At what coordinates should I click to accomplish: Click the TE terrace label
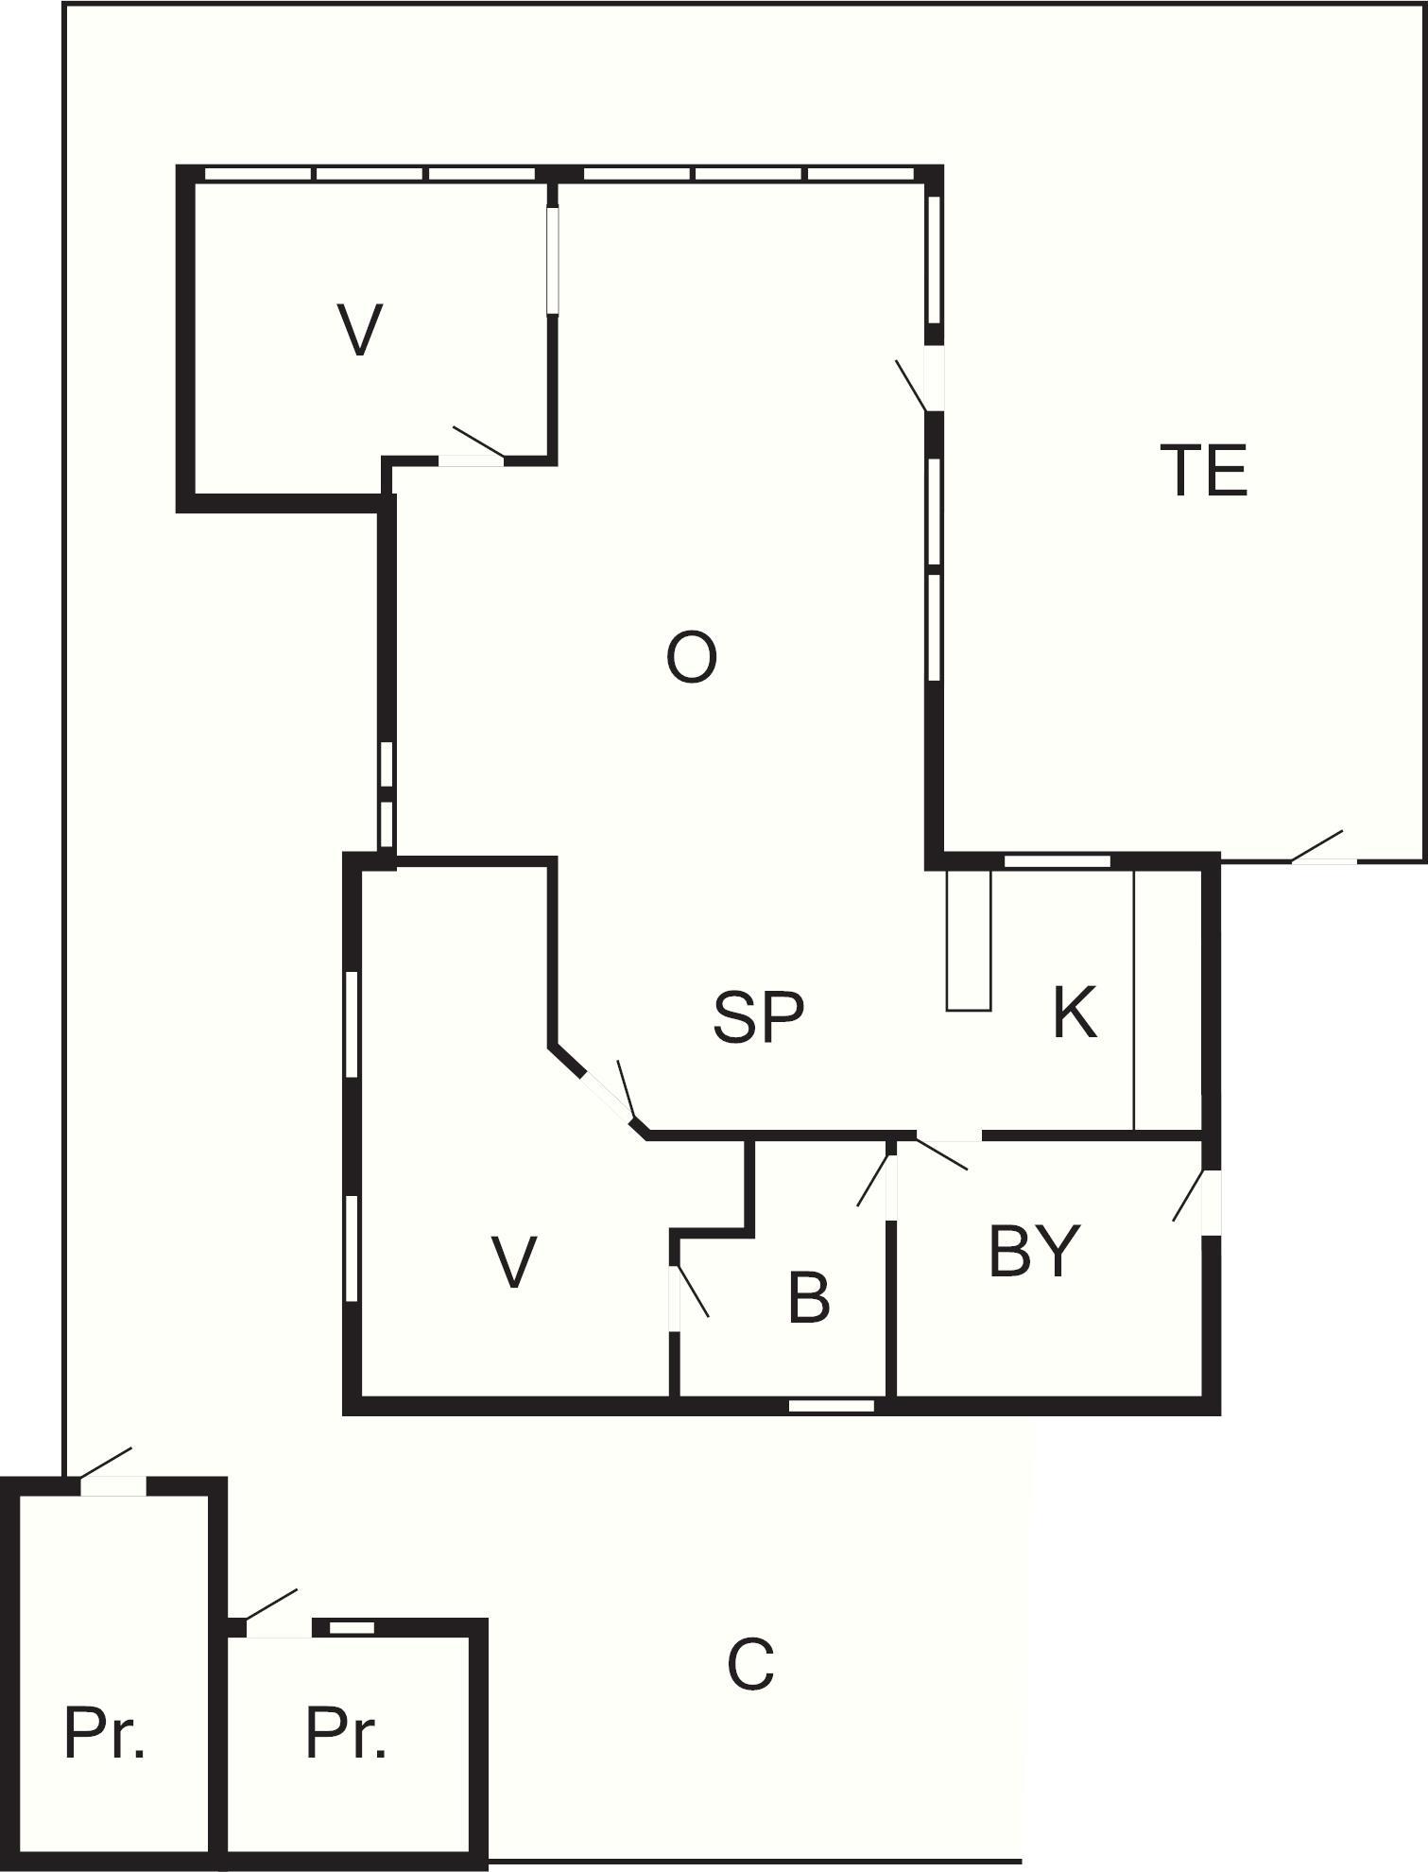click(1203, 471)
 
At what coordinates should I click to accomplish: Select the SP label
click(758, 1017)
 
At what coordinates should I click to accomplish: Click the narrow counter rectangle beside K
click(969, 940)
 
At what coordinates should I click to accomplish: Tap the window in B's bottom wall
click(832, 1406)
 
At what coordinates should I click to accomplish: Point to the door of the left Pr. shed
click(105, 1463)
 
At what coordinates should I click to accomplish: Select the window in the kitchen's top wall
click(1057, 861)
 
